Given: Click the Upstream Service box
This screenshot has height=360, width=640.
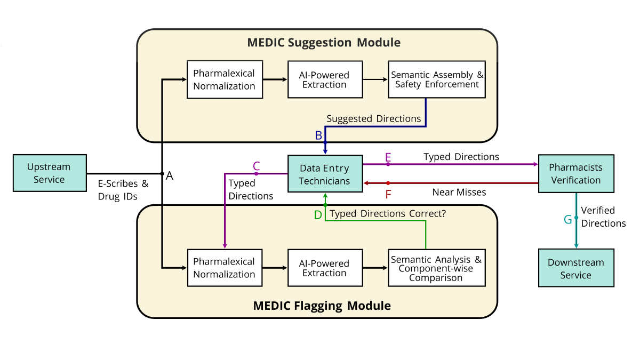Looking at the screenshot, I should click(49, 173).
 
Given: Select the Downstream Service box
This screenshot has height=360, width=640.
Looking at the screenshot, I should click(575, 268).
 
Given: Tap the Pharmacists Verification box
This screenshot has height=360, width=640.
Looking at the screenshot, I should click(575, 173).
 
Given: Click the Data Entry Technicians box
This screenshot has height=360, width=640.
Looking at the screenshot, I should click(324, 174).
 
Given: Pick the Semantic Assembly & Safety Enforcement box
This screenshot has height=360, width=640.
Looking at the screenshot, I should click(436, 79).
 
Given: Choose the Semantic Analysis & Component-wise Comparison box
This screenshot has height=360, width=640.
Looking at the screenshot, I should click(436, 268).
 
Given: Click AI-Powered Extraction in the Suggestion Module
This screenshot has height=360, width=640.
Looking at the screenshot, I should click(324, 79).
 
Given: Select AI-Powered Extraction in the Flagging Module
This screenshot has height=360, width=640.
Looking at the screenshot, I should click(324, 268).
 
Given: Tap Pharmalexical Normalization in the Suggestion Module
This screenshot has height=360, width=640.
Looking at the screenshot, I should click(225, 79).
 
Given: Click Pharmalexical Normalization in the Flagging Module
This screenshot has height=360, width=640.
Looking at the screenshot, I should click(225, 268).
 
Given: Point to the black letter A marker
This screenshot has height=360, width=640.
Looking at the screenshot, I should click(170, 175).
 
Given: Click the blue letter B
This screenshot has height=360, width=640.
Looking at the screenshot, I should click(318, 135).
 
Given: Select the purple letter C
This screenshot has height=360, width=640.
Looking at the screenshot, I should click(256, 165).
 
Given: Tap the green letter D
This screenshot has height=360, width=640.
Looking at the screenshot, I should click(318, 215).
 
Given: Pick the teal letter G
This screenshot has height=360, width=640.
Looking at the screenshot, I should click(567, 219).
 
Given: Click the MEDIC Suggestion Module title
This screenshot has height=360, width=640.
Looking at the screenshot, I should click(324, 43).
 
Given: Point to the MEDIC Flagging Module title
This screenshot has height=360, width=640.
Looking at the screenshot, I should click(322, 306).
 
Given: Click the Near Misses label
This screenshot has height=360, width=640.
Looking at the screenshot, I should click(459, 192).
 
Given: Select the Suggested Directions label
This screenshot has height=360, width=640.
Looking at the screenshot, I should click(373, 118).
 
